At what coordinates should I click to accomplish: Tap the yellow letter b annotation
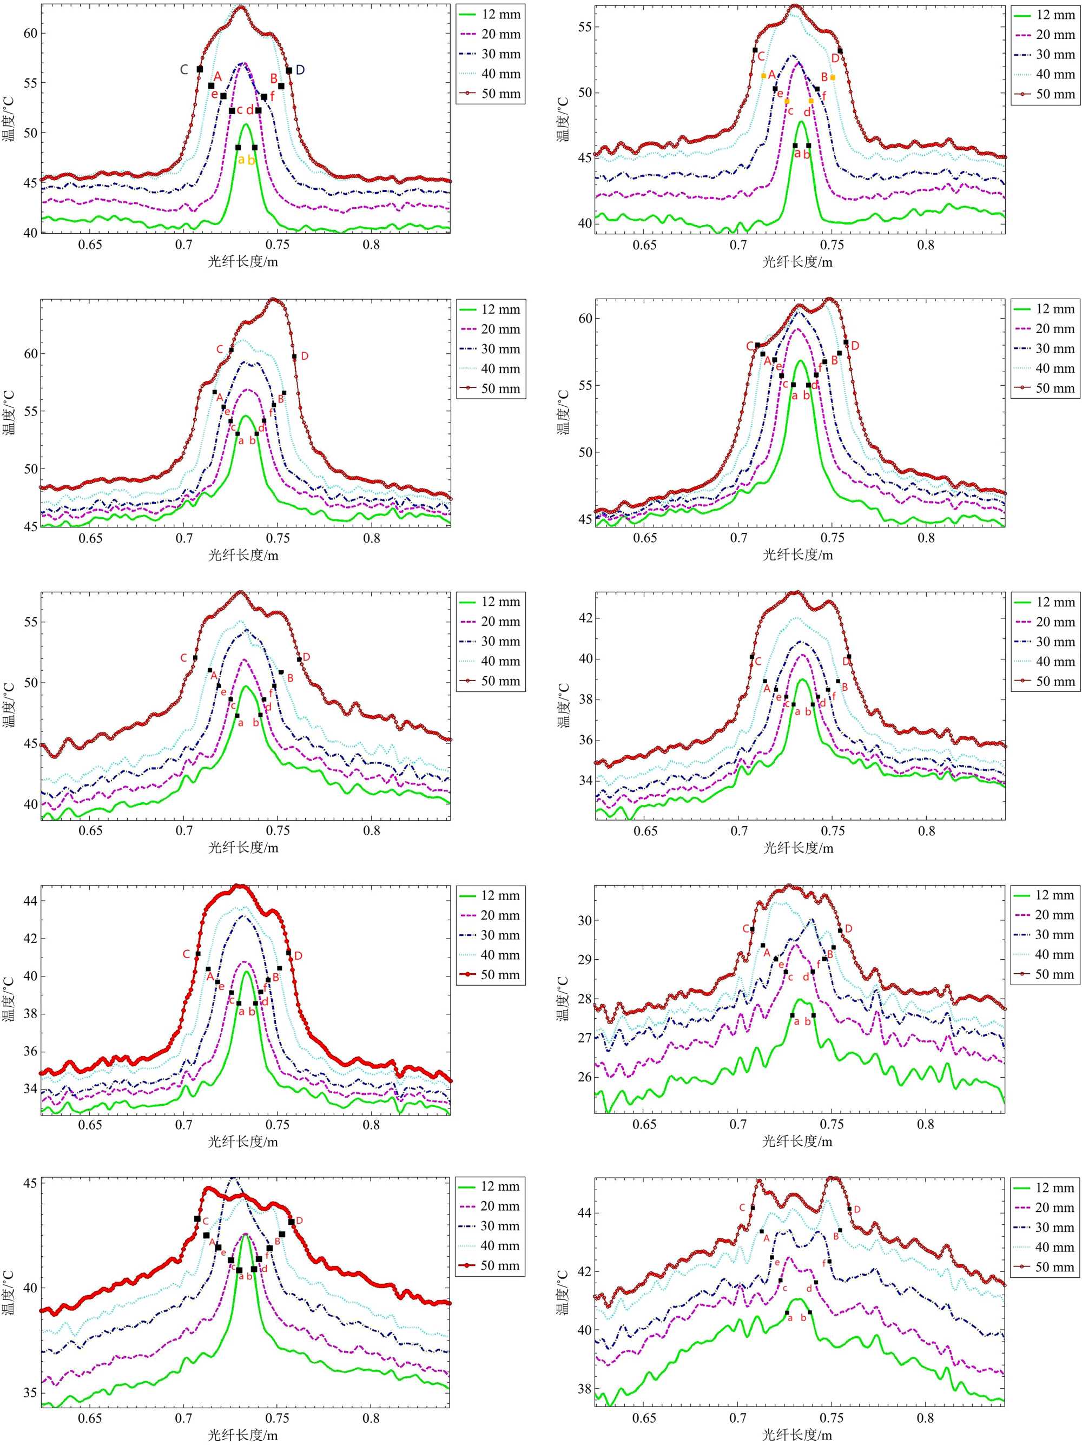coord(252,160)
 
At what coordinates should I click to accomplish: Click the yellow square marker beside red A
coord(764,76)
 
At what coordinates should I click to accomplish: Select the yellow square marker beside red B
coord(833,78)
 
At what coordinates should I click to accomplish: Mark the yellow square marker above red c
coord(787,101)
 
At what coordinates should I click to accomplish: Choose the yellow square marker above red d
coord(811,101)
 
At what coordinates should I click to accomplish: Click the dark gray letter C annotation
coord(184,69)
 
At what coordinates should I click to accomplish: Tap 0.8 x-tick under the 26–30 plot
coord(926,1124)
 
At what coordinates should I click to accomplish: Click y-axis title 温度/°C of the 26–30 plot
coord(562,999)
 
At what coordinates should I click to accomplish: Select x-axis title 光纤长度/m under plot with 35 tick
coord(243,1435)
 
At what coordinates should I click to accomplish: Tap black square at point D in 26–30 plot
coord(840,930)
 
